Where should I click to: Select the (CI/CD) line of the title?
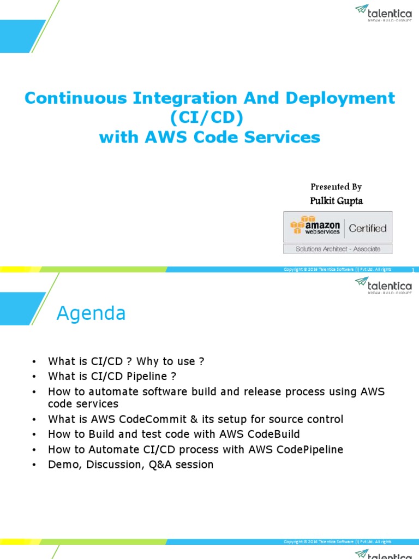pos(209,118)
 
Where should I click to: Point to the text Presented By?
pos(336,187)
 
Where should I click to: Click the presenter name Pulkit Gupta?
pos(336,201)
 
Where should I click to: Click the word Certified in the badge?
pos(367,228)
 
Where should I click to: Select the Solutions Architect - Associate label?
pos(338,249)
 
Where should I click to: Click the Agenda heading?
pos(92,313)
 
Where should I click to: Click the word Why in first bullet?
pos(148,361)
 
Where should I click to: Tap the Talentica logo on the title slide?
pos(384,11)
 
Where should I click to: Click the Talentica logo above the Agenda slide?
pos(384,284)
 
